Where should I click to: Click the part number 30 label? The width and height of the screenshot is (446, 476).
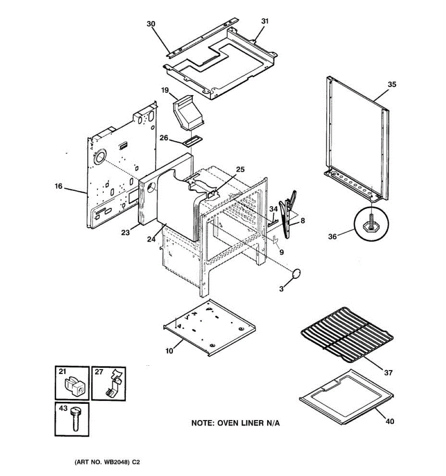(151, 24)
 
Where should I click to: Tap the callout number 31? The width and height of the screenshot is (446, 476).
(265, 21)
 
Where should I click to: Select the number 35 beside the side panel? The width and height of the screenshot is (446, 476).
(392, 84)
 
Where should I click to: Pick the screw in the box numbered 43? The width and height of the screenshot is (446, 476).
(75, 418)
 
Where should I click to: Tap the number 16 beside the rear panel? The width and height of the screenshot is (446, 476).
(59, 186)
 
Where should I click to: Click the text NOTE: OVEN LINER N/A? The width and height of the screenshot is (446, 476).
(235, 423)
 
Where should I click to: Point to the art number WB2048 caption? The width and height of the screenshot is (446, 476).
(107, 462)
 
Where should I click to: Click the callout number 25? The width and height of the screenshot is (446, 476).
(240, 170)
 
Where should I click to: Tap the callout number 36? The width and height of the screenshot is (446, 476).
(332, 236)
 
